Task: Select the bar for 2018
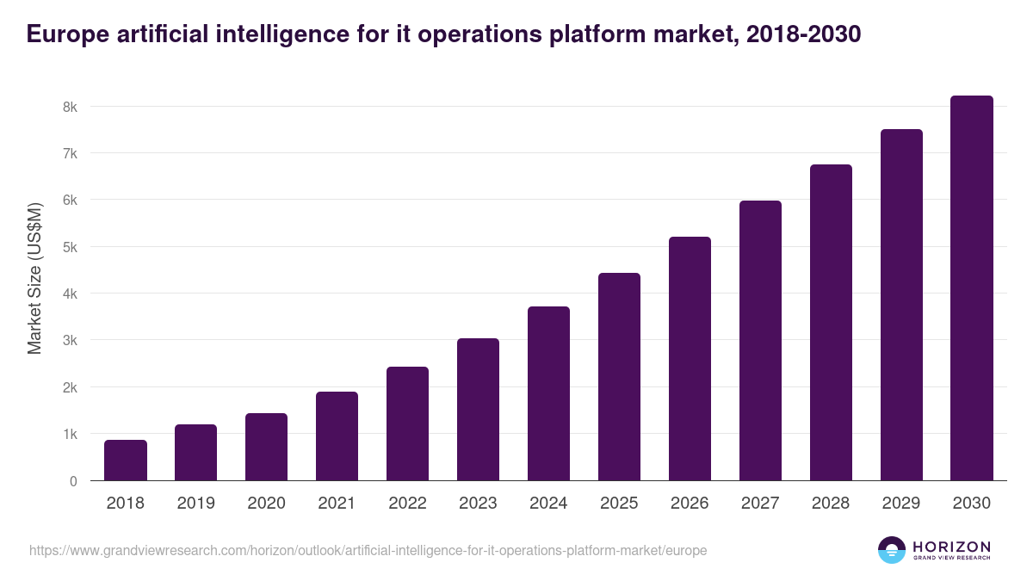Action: (x=126, y=460)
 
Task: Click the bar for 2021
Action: (x=337, y=436)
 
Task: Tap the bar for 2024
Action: (x=548, y=393)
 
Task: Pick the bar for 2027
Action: (x=760, y=341)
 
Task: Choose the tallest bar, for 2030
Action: (x=972, y=288)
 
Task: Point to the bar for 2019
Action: (x=196, y=453)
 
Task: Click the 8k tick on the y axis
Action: (x=69, y=107)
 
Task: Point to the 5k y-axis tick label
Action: (x=69, y=247)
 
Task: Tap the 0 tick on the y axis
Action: (x=73, y=481)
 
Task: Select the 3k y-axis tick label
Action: (x=69, y=341)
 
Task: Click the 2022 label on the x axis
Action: (x=407, y=504)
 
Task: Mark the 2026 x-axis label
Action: (x=690, y=504)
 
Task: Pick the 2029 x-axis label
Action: (x=901, y=504)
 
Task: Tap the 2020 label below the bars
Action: (x=266, y=504)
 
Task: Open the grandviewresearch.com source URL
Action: (x=368, y=550)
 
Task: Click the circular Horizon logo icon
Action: (x=892, y=550)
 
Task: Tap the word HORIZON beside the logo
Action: (x=951, y=547)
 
